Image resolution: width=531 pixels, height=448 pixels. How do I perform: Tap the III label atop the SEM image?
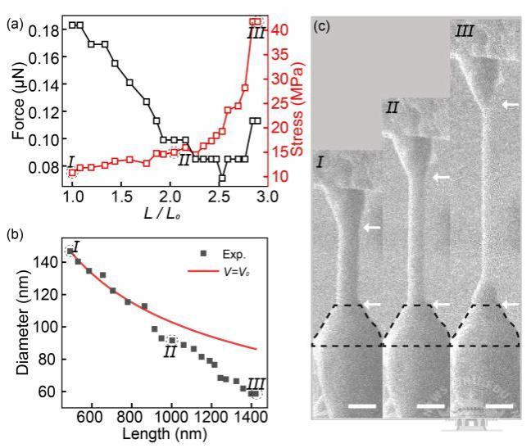pyautogui.click(x=465, y=32)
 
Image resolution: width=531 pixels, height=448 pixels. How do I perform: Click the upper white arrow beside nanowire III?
pyautogui.click(x=511, y=105)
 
